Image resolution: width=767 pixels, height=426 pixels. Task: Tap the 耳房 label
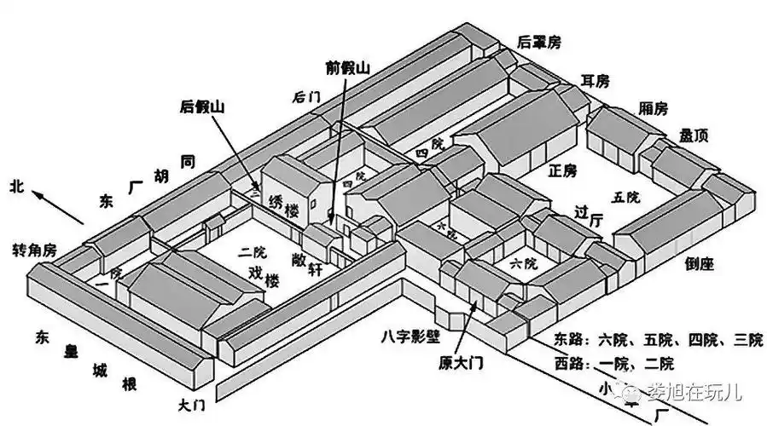596,81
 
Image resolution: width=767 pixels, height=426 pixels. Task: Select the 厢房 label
654,108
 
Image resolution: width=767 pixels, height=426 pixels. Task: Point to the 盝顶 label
693,135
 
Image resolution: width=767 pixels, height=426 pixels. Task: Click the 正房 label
563,171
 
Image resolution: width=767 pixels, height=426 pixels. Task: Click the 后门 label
305,97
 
